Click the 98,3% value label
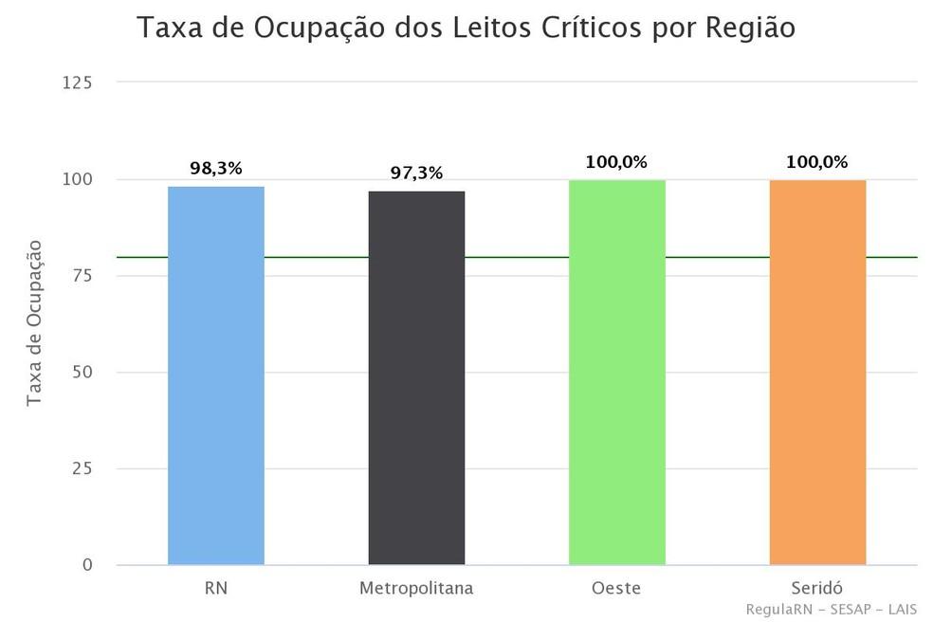[216, 169]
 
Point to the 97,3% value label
[416, 174]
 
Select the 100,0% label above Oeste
[616, 162]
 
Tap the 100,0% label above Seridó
[816, 162]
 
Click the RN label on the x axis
[216, 589]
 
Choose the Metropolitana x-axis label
[416, 589]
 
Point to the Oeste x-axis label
[616, 589]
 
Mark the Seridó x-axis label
[817, 589]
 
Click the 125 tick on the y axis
[77, 83]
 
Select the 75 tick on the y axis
[82, 276]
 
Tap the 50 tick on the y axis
[82, 373]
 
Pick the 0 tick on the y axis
[87, 565]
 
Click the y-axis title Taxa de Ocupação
[35, 323]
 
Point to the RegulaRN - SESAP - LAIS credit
[832, 609]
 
